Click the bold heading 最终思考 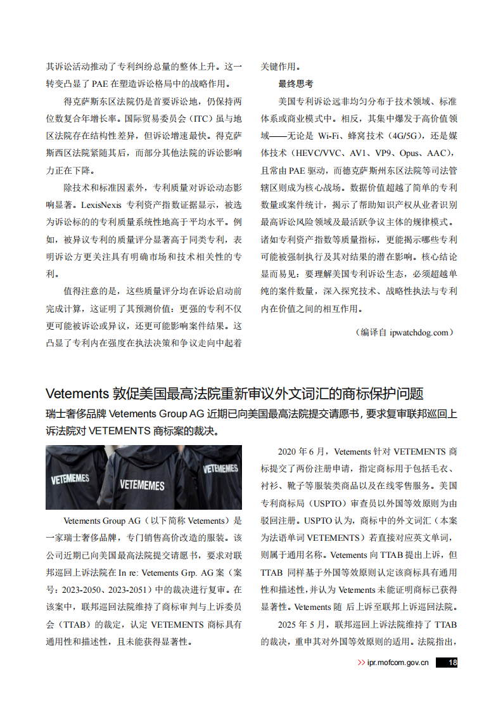tap(295, 84)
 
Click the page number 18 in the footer tap(452, 663)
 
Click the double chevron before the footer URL tap(361, 663)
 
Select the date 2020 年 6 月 tap(302, 452)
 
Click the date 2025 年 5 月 tap(302, 625)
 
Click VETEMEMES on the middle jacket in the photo tap(142, 486)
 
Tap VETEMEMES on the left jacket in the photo tap(70, 479)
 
